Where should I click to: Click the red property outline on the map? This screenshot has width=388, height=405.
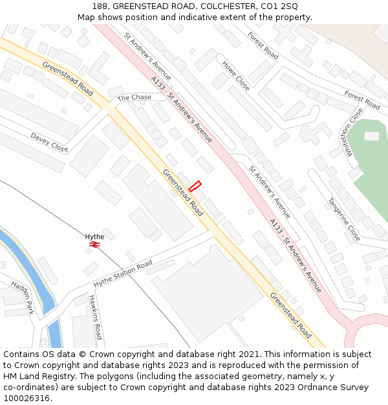(195, 186)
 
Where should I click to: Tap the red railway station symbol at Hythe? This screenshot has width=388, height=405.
(95, 245)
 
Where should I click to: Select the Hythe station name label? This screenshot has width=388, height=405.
(94, 237)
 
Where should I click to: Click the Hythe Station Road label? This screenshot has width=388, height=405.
(123, 273)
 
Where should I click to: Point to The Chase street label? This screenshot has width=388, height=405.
(134, 97)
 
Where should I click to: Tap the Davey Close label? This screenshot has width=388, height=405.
(49, 143)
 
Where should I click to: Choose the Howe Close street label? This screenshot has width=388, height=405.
(235, 75)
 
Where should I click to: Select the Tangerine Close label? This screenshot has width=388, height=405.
(344, 220)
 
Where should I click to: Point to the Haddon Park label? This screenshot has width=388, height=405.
(23, 297)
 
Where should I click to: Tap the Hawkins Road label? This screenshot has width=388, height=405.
(95, 317)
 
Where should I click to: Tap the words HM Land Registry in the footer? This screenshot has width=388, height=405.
(33, 376)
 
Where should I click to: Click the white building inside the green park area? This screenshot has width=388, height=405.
(372, 136)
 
